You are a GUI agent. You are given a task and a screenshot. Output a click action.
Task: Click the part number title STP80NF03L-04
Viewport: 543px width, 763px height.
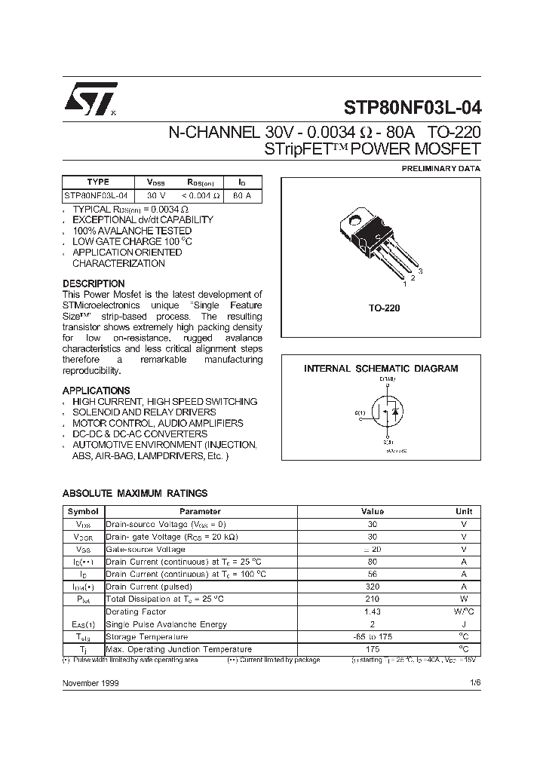pos(412,106)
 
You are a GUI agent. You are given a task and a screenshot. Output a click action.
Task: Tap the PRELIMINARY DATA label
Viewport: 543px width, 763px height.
pos(440,169)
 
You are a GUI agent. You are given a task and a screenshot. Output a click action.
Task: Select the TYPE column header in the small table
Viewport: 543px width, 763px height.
pos(98,182)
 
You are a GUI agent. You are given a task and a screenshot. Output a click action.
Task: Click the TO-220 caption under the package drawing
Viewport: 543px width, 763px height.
pos(384,308)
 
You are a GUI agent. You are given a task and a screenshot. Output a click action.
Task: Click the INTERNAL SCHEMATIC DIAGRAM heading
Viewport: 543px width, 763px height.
pos(381,369)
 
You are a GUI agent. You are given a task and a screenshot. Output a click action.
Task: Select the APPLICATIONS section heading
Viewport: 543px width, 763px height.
pos(96,391)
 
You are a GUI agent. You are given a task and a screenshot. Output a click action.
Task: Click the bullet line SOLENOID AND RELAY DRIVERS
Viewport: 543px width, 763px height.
pos(144,412)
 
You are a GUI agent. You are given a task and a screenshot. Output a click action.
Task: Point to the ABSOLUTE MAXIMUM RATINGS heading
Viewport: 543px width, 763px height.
pos(134,493)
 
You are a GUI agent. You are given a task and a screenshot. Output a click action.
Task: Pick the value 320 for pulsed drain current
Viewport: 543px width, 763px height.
pos(371,587)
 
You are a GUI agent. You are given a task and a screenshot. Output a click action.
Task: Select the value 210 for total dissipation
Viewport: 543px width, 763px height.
pos(371,599)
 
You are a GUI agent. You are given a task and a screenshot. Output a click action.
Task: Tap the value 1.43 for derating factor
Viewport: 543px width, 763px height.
pos(371,611)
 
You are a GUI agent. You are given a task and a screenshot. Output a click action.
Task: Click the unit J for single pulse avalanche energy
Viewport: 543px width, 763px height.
pos(464,624)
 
